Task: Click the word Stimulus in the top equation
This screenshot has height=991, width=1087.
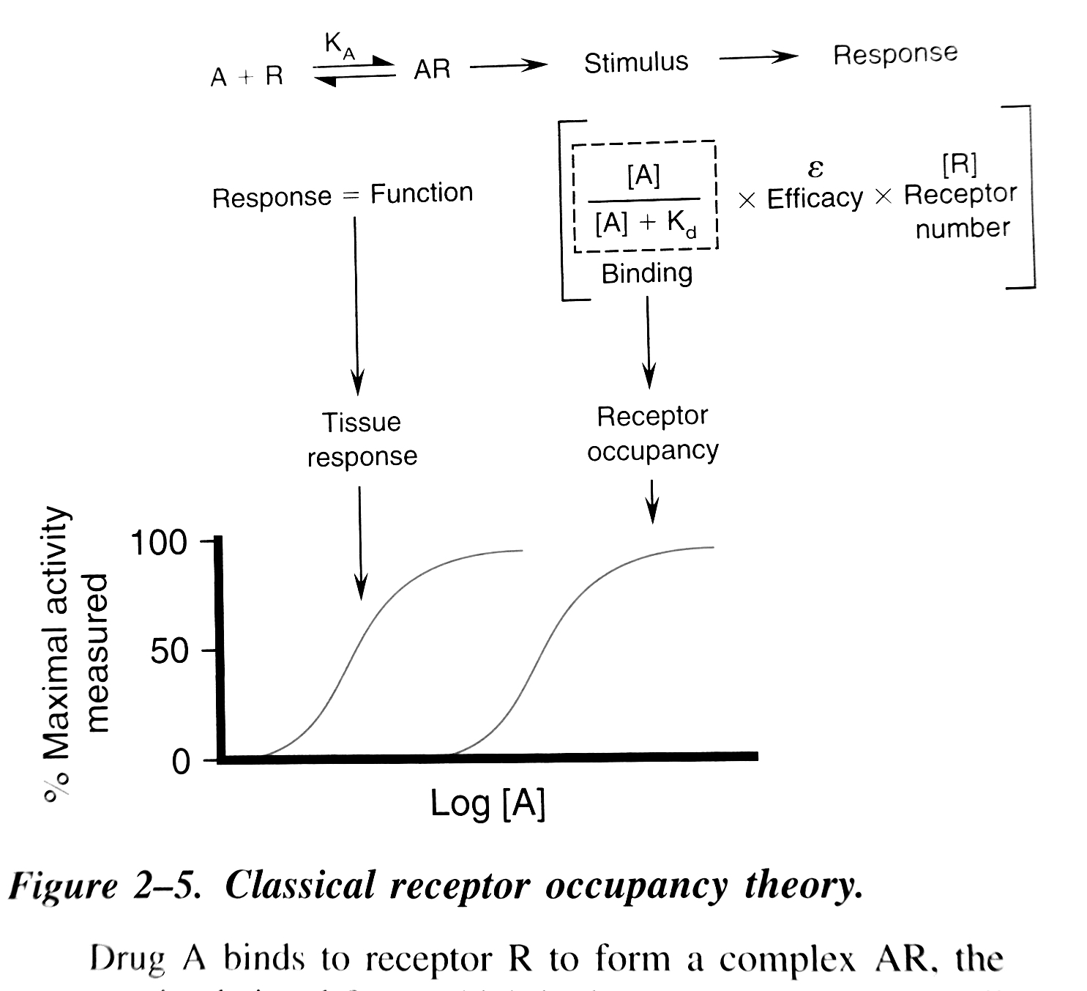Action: click(635, 63)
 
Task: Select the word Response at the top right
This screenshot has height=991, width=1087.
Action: click(894, 54)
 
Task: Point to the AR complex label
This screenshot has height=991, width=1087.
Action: click(432, 70)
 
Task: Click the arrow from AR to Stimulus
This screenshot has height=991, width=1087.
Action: click(508, 66)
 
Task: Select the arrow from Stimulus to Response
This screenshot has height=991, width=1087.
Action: click(758, 57)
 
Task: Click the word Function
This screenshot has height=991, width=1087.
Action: click(421, 193)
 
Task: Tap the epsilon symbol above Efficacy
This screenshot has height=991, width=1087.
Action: click(815, 168)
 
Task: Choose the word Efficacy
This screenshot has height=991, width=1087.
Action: click(815, 198)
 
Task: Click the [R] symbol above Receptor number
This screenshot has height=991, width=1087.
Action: click(959, 165)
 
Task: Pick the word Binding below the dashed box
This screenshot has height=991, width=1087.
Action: click(646, 273)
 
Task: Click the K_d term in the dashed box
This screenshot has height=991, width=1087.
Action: click(681, 223)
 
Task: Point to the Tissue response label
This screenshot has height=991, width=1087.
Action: click(362, 439)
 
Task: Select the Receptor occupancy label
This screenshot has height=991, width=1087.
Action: click(652, 433)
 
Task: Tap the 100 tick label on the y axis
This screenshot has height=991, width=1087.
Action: click(159, 543)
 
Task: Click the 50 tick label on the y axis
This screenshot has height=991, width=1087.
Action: click(170, 651)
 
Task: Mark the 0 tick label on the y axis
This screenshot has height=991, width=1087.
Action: click(180, 762)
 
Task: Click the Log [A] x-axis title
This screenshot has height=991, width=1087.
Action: click(488, 803)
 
